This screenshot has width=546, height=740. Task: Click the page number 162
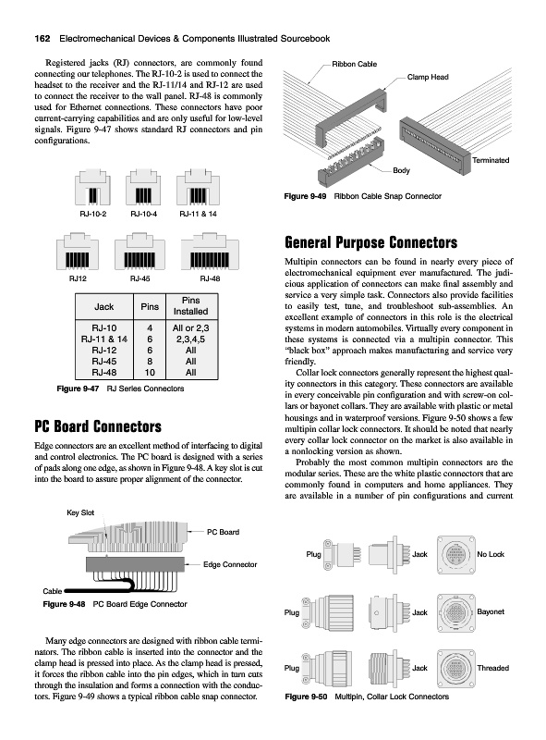click(42, 39)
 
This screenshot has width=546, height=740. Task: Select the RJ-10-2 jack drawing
click(93, 188)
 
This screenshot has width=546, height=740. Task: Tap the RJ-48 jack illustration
click(210, 251)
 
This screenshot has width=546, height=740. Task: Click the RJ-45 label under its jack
click(140, 278)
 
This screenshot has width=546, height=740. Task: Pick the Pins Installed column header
click(190, 306)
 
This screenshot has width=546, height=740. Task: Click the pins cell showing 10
click(150, 373)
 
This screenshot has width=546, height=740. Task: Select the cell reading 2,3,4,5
click(190, 339)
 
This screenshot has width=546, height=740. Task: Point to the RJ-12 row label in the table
click(104, 351)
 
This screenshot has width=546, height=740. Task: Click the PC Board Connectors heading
click(98, 426)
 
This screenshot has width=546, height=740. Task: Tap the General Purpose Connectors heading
click(371, 242)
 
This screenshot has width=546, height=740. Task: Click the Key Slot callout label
click(80, 512)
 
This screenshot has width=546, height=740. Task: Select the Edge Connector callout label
click(230, 564)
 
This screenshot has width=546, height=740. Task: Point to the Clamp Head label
click(428, 77)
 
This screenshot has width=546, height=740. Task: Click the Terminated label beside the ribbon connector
click(491, 160)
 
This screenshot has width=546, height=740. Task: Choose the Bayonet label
click(491, 611)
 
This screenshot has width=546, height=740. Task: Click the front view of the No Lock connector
click(455, 554)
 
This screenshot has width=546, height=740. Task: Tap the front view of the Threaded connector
click(455, 668)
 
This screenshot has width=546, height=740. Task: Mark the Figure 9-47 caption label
click(78, 388)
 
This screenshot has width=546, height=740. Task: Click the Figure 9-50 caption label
click(306, 697)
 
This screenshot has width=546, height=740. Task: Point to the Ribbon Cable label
click(355, 64)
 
